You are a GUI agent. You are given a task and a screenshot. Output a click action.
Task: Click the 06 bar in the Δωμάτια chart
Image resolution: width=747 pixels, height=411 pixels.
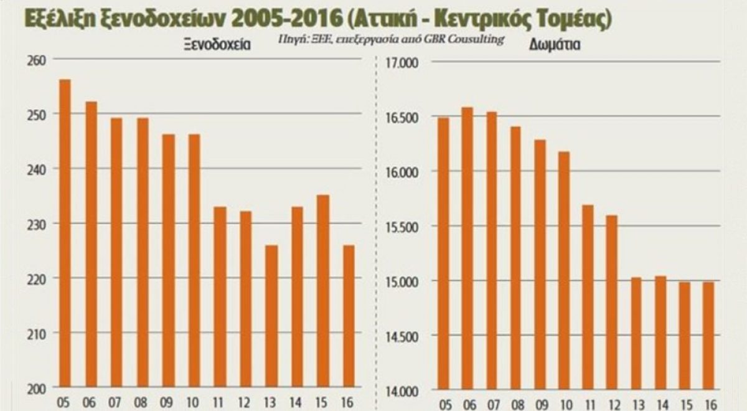[x=468, y=249]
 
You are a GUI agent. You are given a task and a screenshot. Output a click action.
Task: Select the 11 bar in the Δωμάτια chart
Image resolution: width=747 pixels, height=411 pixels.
[x=587, y=298]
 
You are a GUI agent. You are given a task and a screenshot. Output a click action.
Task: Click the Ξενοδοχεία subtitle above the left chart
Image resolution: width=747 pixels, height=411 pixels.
[x=214, y=45]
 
